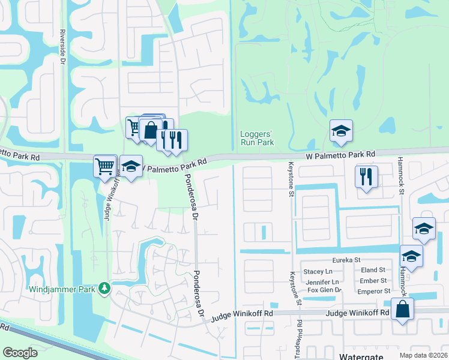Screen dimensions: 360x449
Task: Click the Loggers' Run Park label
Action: (257, 138)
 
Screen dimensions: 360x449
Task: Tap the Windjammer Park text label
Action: (64, 289)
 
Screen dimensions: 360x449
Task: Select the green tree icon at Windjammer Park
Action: (105, 289)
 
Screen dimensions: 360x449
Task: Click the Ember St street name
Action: (373, 281)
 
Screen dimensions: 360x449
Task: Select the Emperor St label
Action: (373, 291)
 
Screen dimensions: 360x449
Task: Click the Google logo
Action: (20, 353)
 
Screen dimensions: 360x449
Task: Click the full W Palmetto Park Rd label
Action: (340, 155)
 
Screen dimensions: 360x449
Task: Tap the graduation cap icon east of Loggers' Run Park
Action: (341, 131)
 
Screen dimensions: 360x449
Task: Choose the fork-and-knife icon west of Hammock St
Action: (366, 176)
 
